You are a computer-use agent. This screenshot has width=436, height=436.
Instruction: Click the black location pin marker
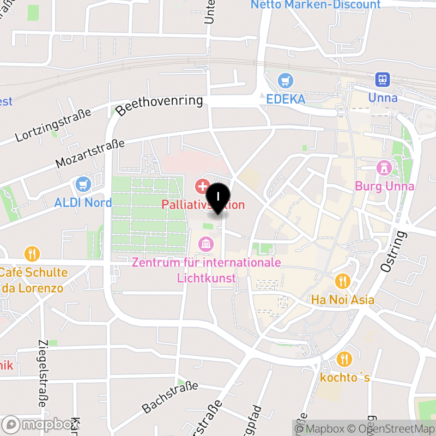(219, 198)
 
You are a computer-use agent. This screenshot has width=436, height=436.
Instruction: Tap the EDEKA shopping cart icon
(286, 82)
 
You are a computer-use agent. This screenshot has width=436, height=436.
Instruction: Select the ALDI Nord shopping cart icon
(83, 184)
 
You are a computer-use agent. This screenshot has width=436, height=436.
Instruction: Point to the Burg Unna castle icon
(385, 168)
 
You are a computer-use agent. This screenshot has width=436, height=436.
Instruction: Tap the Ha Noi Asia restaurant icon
(342, 281)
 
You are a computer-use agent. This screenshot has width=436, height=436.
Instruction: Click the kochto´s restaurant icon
(344, 359)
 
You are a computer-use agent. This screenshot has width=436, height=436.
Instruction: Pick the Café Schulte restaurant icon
(33, 253)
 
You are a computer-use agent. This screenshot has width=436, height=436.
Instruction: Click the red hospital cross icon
(203, 186)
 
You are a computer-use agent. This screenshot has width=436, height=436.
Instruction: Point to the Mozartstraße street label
(90, 154)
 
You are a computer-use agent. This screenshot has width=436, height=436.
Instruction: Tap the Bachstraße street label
(169, 397)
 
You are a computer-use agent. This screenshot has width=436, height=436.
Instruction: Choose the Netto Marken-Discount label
(316, 5)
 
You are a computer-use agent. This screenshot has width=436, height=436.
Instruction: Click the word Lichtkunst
(207, 278)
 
